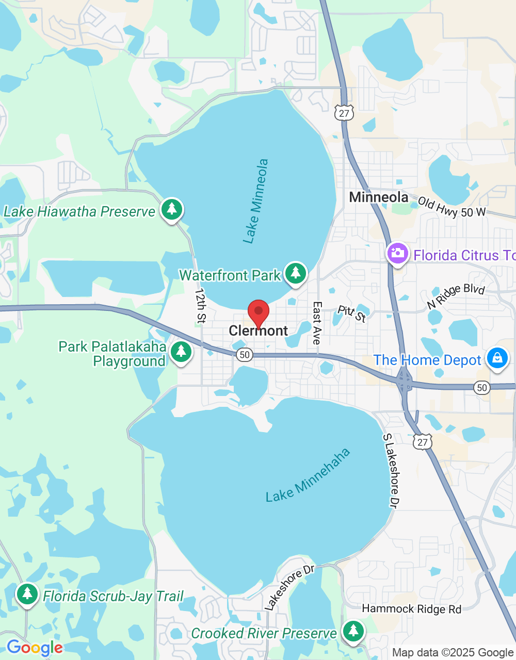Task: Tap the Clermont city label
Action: pyautogui.click(x=259, y=331)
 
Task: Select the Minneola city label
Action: pyautogui.click(x=379, y=197)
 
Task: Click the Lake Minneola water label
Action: pyautogui.click(x=256, y=201)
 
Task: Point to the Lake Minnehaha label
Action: pyautogui.click(x=308, y=475)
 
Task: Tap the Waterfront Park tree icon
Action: pyautogui.click(x=296, y=272)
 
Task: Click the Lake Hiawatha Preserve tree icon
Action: pyautogui.click(x=172, y=209)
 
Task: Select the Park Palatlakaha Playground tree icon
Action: pyautogui.click(x=181, y=352)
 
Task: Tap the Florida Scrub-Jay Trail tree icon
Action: pyautogui.click(x=27, y=594)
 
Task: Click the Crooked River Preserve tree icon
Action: pyautogui.click(x=353, y=630)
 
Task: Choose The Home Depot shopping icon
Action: pyautogui.click(x=497, y=357)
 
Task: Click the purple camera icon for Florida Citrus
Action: pyautogui.click(x=397, y=253)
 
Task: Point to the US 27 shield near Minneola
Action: pyautogui.click(x=344, y=113)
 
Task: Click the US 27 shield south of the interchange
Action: pyautogui.click(x=423, y=442)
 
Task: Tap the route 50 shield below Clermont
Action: pyautogui.click(x=245, y=354)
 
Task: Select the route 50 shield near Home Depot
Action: pyautogui.click(x=482, y=388)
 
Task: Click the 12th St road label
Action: pyautogui.click(x=200, y=306)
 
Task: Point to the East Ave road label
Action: pyautogui.click(x=317, y=323)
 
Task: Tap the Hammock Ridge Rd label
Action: pyautogui.click(x=412, y=609)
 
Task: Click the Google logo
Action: pyautogui.click(x=35, y=648)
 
